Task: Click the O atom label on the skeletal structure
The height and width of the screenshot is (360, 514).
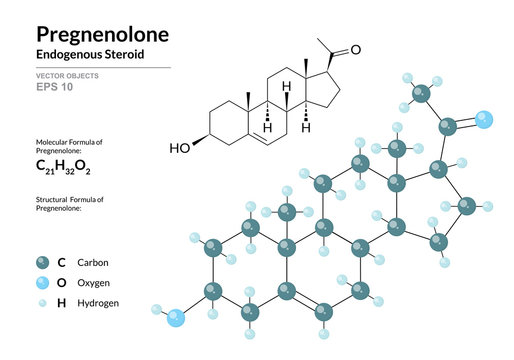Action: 355,50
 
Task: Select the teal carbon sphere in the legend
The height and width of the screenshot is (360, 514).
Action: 42,263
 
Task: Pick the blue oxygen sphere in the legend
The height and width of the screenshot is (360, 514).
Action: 42,282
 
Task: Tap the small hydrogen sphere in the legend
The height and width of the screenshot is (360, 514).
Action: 42,301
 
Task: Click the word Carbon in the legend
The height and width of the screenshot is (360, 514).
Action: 92,263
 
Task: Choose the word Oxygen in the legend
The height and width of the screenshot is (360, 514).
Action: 93,282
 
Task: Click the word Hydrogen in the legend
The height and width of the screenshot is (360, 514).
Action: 97,301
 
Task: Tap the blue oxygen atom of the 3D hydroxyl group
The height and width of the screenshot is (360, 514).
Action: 176,319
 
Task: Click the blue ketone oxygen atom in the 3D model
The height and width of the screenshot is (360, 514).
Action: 484,120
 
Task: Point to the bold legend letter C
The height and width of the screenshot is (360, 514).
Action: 61,263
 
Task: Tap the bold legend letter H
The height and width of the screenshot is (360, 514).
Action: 61,301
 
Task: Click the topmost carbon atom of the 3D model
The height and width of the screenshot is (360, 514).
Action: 421,93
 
